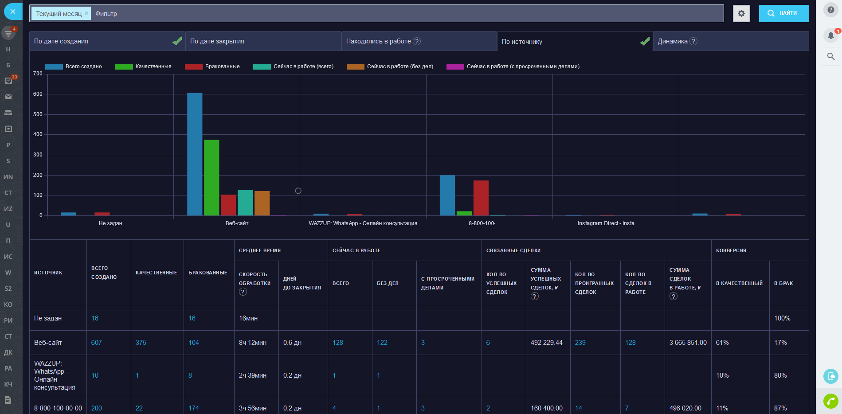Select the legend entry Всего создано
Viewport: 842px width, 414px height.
point(74,66)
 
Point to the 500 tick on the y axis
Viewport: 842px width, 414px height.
point(38,114)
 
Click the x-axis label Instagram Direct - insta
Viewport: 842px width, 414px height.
point(606,223)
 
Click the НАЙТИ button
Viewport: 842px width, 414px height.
point(783,13)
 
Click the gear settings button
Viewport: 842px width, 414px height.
point(741,13)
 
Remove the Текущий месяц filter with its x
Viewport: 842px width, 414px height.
point(86,13)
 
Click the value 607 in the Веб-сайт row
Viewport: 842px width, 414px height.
point(96,343)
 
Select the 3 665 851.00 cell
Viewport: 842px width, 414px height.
point(688,343)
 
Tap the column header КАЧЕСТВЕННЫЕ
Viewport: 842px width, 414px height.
point(156,273)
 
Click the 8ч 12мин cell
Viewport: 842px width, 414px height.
point(253,343)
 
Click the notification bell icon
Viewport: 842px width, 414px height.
point(830,35)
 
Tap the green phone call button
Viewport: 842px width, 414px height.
point(830,401)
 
